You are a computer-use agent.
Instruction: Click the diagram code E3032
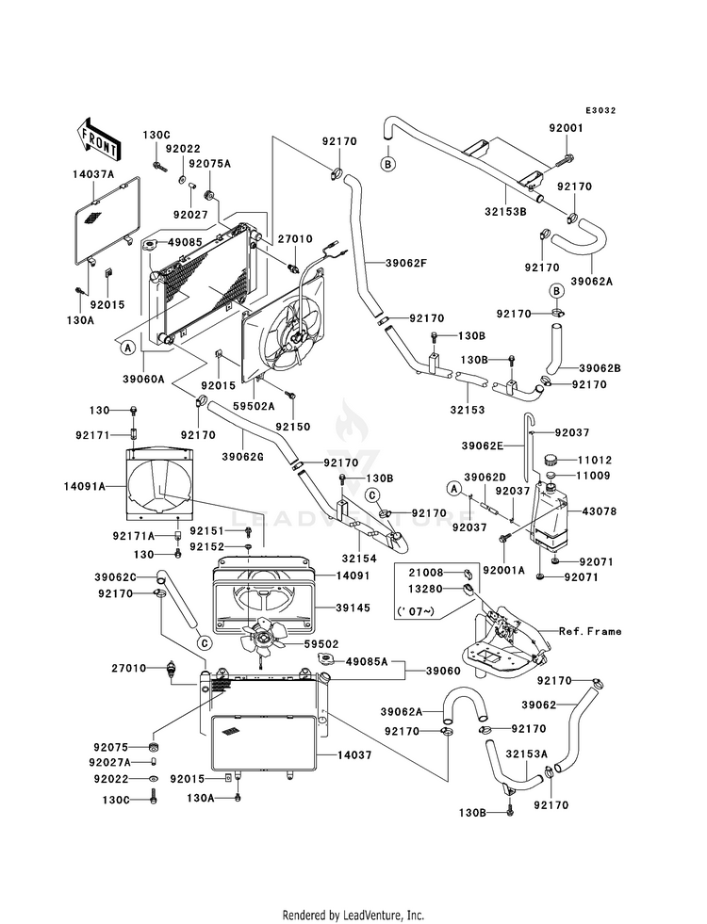[600, 110]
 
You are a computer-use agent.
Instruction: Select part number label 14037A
[93, 174]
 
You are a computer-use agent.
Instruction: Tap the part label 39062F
[405, 264]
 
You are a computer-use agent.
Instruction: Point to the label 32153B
[505, 211]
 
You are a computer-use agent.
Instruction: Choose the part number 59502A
[254, 406]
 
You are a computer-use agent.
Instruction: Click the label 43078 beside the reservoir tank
[600, 511]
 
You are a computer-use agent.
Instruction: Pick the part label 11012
[595, 461]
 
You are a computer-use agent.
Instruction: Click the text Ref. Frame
[590, 631]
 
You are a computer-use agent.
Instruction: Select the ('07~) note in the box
[417, 611]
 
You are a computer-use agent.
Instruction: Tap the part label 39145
[353, 608]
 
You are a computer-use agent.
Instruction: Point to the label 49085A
[366, 662]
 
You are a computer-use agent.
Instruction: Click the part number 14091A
[85, 486]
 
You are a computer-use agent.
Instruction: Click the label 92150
[292, 426]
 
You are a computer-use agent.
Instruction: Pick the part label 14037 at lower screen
[354, 754]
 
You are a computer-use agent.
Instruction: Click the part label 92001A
[503, 571]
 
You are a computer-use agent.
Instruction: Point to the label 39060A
[143, 380]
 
